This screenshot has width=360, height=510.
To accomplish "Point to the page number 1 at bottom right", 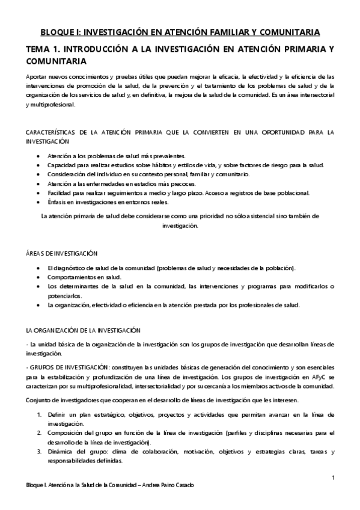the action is point(332,478).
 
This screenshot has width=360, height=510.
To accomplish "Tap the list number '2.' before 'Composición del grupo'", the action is point(40,432).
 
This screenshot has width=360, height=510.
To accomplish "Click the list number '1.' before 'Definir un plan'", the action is point(40,415).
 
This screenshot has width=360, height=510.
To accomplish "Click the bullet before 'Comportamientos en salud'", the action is point(39,277).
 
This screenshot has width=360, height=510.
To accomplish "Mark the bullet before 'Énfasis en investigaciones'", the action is point(39,202).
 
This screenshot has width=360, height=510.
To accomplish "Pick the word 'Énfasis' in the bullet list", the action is point(58,202).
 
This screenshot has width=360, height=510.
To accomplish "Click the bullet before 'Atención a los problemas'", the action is point(39,156).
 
